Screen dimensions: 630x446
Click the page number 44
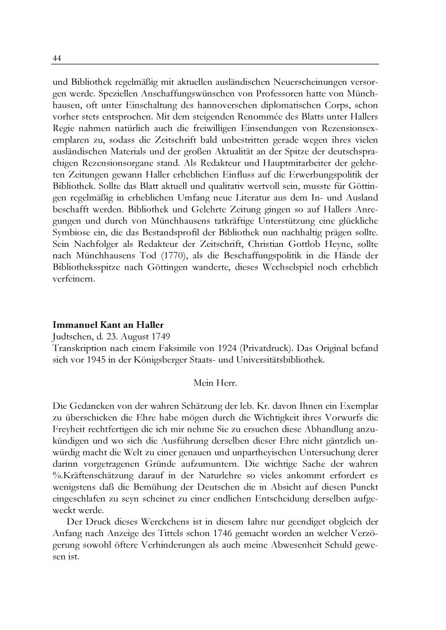click(57, 58)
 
